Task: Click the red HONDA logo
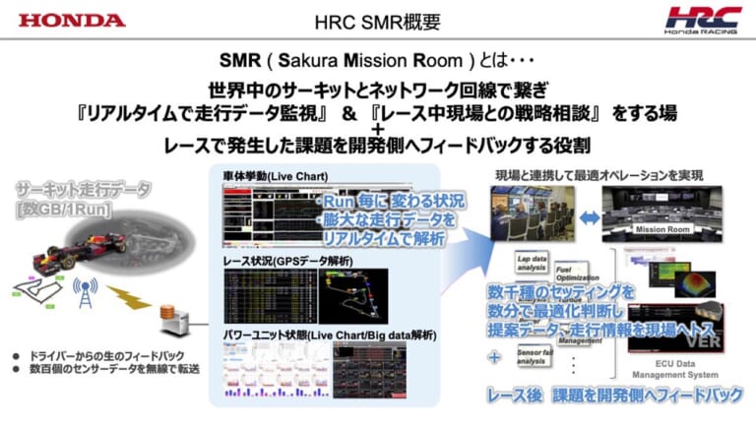click(x=72, y=20)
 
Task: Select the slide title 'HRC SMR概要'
click(x=377, y=21)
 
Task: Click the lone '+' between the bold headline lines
click(x=378, y=129)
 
